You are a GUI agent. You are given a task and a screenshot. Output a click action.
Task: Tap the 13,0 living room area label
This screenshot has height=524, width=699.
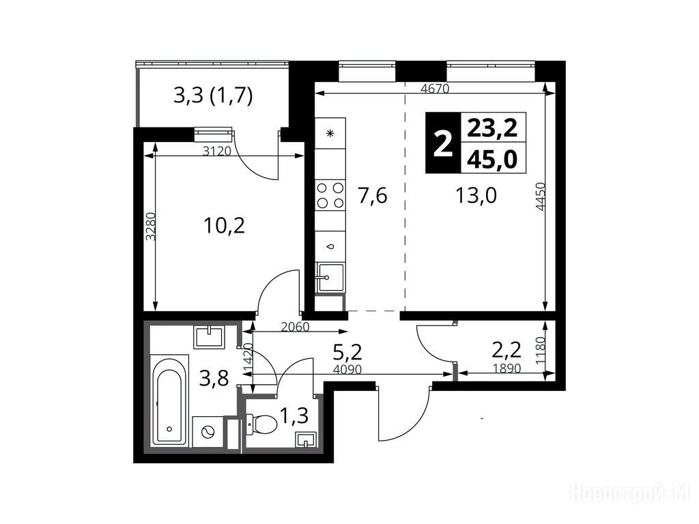pos(476,195)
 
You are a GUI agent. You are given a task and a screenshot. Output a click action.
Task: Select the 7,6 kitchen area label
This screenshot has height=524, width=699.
pos(373,196)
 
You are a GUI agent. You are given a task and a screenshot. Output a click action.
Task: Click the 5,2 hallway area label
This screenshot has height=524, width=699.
pos(347,353)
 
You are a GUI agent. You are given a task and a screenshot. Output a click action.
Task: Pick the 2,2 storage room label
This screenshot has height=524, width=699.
pos(507,351)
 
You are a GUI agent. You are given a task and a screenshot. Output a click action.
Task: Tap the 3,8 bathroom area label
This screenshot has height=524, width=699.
pos(214,378)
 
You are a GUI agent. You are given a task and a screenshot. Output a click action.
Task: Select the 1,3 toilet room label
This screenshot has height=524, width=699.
pos(294,416)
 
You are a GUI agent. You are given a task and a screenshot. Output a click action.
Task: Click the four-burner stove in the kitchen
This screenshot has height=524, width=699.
pos(330,194)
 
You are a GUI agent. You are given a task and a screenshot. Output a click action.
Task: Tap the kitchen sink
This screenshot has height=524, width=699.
pos(330,277)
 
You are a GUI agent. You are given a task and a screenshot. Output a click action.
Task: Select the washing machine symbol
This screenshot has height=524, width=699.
pos(208,432)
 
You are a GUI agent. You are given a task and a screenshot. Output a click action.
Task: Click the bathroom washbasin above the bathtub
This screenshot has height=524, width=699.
pos(209,336)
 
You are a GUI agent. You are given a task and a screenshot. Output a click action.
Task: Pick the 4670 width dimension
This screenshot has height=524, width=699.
pos(435,88)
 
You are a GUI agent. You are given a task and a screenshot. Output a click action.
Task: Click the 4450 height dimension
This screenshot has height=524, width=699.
pos(541,196)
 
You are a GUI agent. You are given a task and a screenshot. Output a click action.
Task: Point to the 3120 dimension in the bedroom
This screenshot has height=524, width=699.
pos(216,151)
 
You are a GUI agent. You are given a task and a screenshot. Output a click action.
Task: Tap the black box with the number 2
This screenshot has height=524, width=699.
pos(443,143)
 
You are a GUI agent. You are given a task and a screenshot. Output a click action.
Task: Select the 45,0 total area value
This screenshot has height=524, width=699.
pos(492,159)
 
